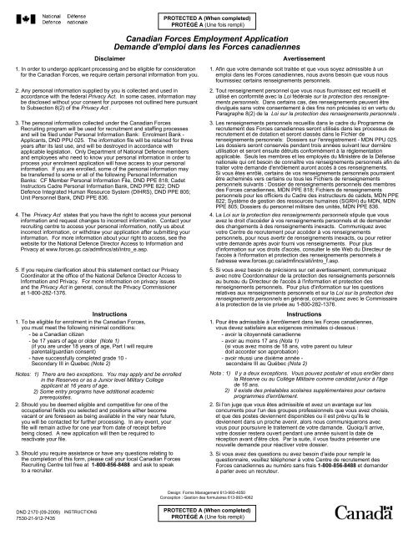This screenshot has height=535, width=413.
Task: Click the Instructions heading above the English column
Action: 104,312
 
